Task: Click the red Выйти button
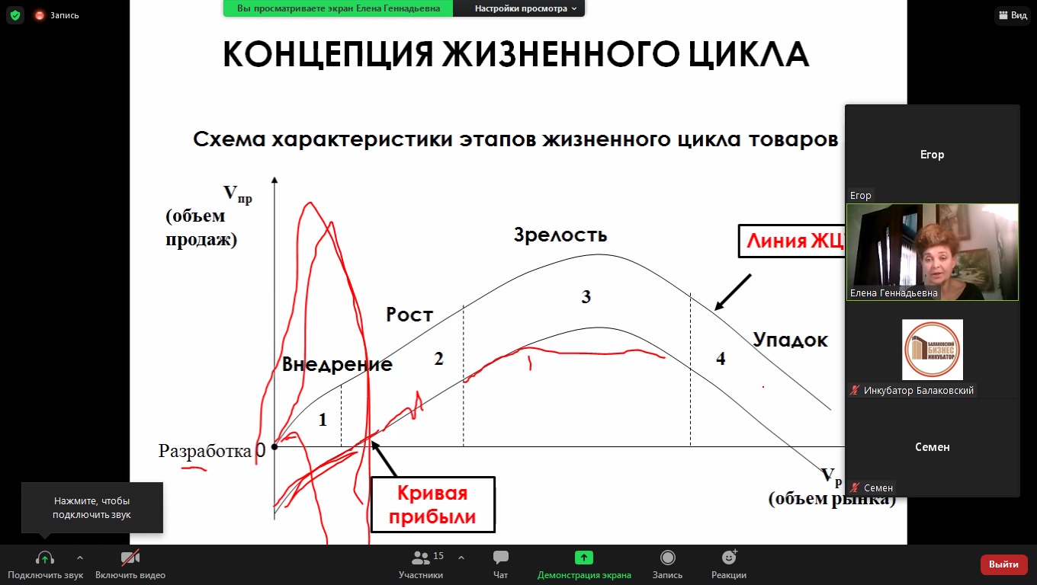[1003, 564]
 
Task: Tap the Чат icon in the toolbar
[500, 558]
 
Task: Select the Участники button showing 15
[421, 564]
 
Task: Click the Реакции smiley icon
[729, 558]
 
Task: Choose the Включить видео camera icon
[130, 558]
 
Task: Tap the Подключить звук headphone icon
[45, 558]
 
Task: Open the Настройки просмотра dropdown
[525, 8]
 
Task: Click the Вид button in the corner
[1013, 15]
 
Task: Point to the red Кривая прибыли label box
[433, 504]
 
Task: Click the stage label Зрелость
[560, 235]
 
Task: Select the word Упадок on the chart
[790, 340]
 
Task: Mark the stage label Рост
[409, 315]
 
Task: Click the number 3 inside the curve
[586, 297]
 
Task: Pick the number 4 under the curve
[721, 359]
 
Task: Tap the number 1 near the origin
[323, 420]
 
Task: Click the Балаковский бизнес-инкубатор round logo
[932, 350]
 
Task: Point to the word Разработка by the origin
[204, 451]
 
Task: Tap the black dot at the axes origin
[274, 446]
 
